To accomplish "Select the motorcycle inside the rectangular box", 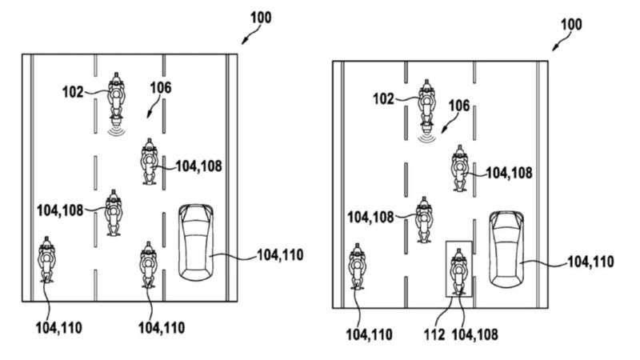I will (x=458, y=271).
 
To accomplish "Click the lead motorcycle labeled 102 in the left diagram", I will (x=118, y=96).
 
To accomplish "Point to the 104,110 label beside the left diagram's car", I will (x=279, y=256).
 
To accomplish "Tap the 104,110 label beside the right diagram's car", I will (x=590, y=261).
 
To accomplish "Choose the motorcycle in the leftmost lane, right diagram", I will (x=358, y=268).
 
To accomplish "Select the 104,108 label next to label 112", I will (x=474, y=334).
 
